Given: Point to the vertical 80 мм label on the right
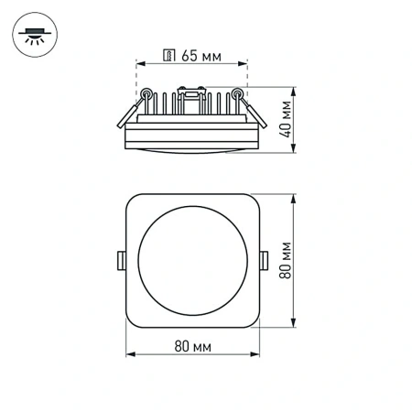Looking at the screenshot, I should (x=287, y=259).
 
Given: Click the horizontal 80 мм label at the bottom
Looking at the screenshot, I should (x=192, y=347).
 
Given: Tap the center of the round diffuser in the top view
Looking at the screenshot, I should (x=192, y=259).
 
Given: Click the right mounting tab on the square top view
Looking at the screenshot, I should (x=265, y=260).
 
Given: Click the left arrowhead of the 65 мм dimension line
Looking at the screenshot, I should (x=139, y=63).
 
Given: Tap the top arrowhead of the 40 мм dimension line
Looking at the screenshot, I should (x=294, y=91).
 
